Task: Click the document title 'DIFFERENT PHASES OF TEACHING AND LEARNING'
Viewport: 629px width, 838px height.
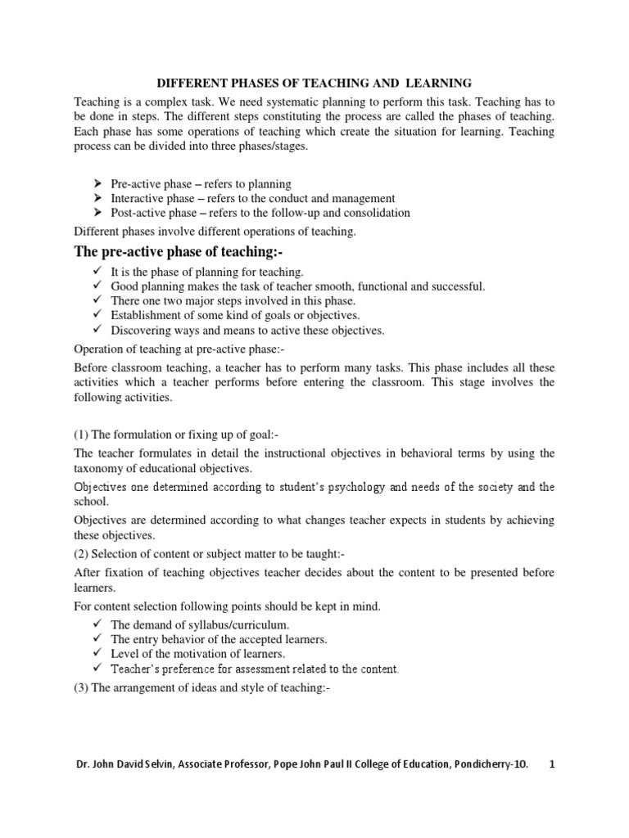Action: tap(314, 83)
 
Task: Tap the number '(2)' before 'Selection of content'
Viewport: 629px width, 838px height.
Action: tap(82, 554)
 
